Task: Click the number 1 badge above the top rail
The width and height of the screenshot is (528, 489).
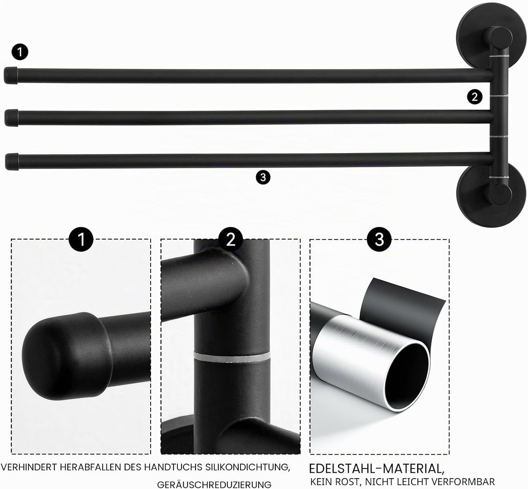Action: click(x=20, y=52)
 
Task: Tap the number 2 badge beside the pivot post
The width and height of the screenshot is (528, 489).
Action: click(x=474, y=97)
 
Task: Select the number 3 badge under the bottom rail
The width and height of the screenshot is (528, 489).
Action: click(x=263, y=177)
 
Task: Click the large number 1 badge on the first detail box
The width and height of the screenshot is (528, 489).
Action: click(x=81, y=239)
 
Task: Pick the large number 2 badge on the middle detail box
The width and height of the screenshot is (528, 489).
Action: click(x=231, y=239)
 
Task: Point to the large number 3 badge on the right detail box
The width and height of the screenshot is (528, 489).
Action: click(x=379, y=239)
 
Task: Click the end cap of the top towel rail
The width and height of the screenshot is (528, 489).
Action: click(x=10, y=75)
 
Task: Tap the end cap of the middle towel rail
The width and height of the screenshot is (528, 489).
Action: click(x=11, y=117)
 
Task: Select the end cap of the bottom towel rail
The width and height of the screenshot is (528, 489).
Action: click(x=12, y=162)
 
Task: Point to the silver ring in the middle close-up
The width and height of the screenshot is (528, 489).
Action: click(x=232, y=356)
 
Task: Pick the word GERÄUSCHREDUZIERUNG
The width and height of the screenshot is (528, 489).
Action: click(x=214, y=484)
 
